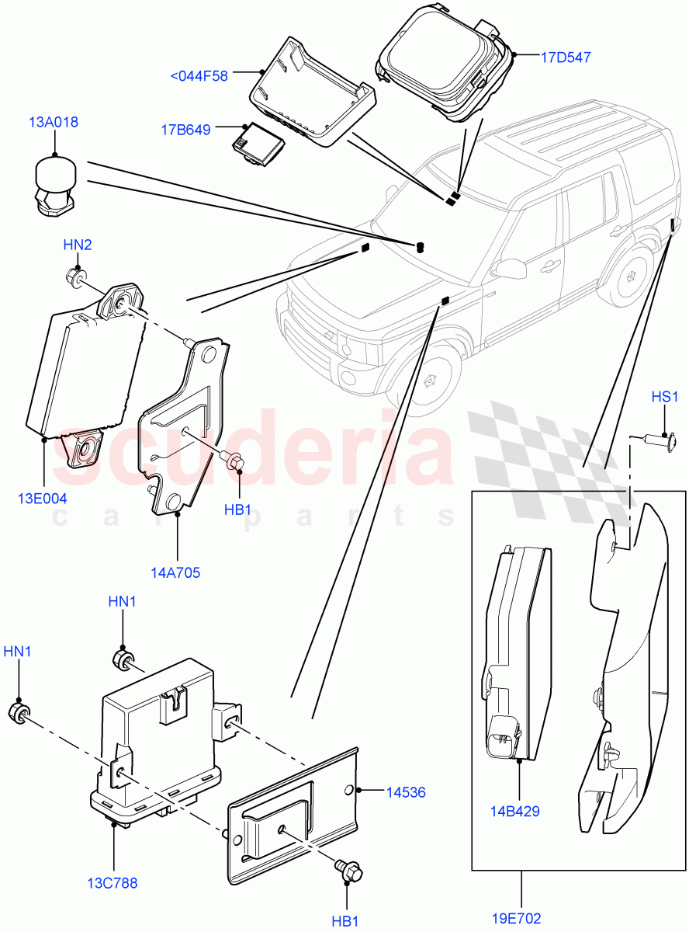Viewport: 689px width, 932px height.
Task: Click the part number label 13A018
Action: [x=54, y=122]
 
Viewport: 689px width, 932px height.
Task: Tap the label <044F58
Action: [x=199, y=75]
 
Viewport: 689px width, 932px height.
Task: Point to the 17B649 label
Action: [x=186, y=130]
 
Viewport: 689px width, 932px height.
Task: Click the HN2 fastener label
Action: [x=78, y=245]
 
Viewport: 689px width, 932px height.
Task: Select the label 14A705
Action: [x=176, y=573]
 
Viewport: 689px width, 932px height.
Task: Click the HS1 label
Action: [x=665, y=396]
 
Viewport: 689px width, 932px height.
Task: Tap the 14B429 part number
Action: [x=515, y=812]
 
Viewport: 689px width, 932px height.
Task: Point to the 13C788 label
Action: [x=113, y=882]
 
